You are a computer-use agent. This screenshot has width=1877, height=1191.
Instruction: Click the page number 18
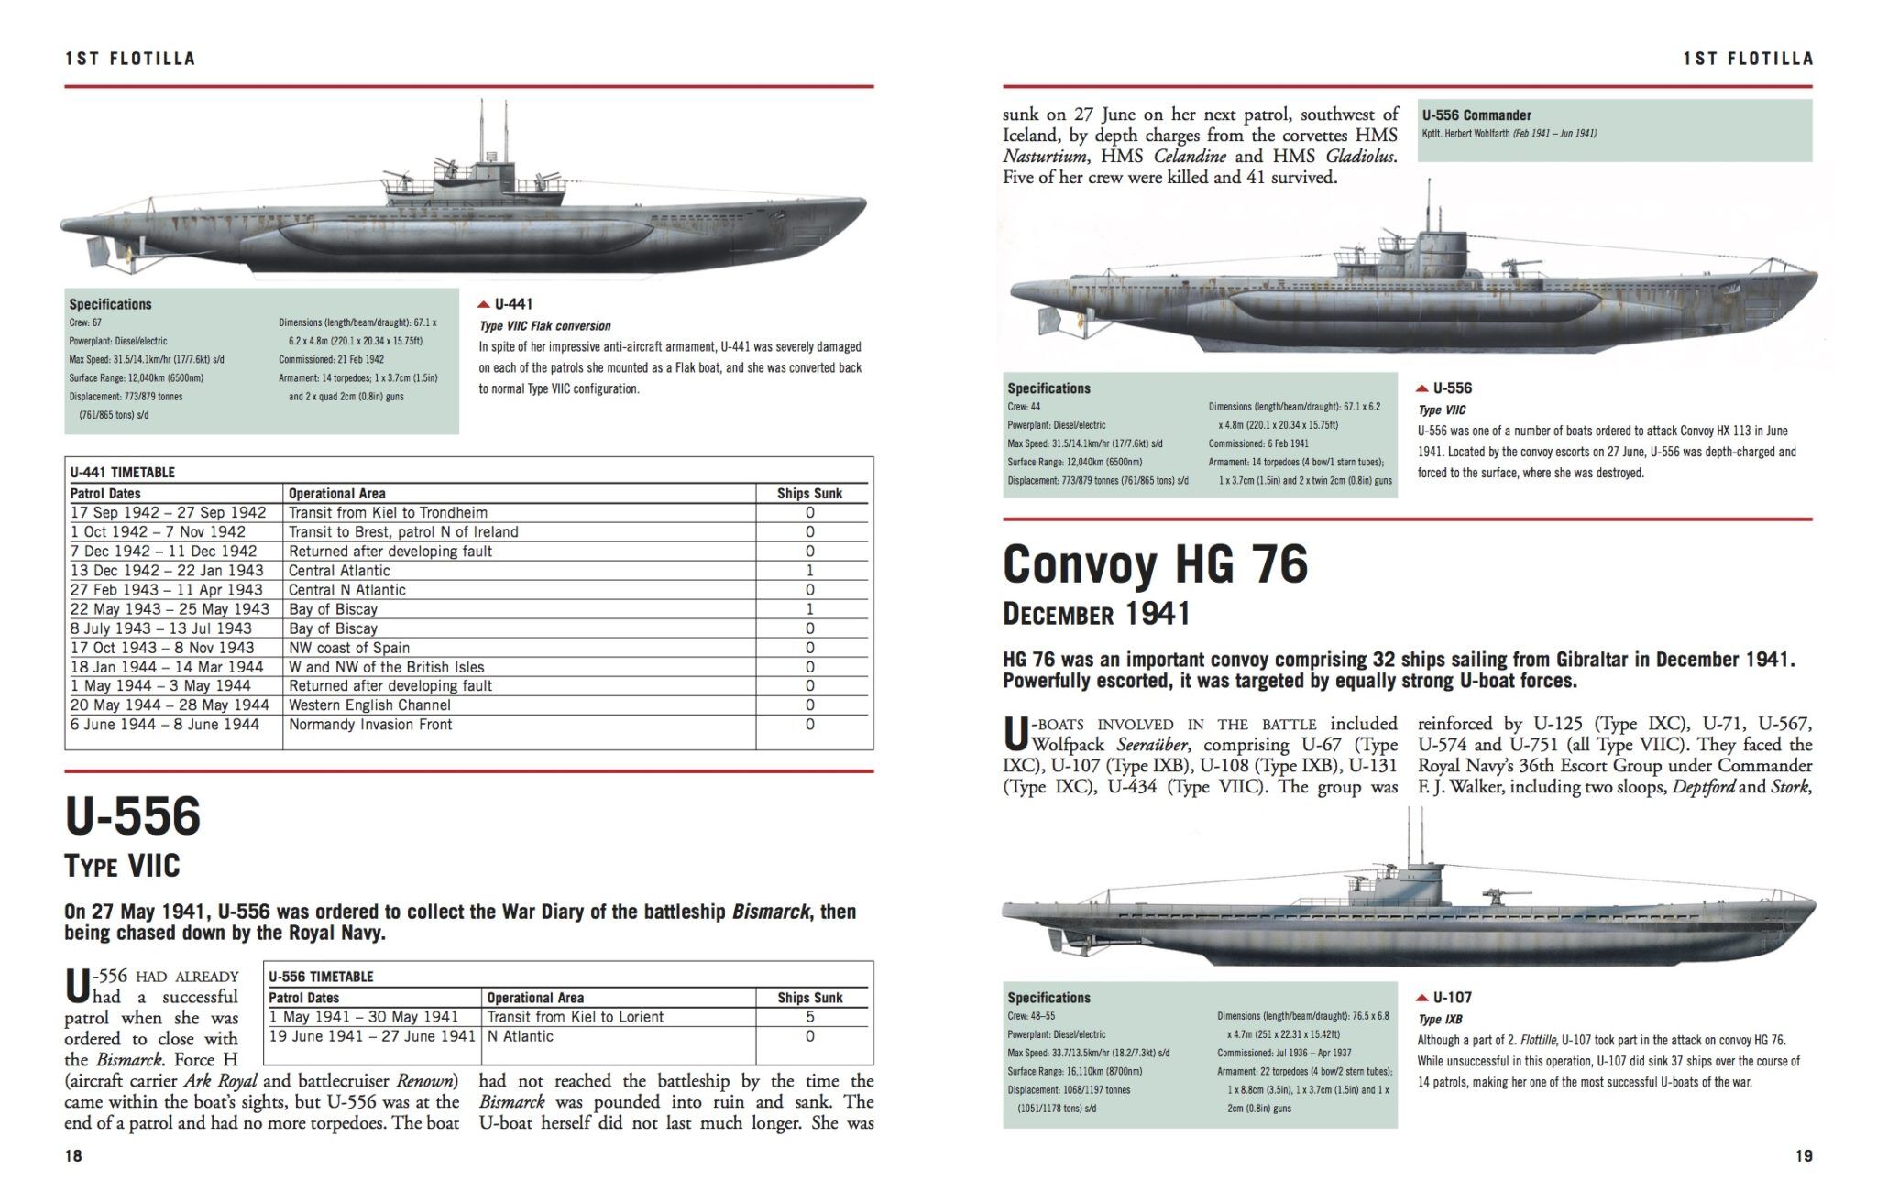pyautogui.click(x=73, y=1156)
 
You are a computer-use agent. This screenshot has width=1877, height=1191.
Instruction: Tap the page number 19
pyautogui.click(x=1803, y=1156)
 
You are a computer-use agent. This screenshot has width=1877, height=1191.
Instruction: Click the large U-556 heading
pyautogui.click(x=133, y=815)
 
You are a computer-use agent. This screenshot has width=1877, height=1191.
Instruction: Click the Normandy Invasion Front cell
pyautogui.click(x=370, y=725)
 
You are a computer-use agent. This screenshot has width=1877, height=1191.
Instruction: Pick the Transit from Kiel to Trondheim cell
pyautogui.click(x=388, y=513)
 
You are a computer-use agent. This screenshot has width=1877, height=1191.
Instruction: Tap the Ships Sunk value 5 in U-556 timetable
pyautogui.click(x=809, y=1017)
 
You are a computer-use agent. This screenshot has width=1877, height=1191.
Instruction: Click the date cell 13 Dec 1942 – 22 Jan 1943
pyautogui.click(x=167, y=571)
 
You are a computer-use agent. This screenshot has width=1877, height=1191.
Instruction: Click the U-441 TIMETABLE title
pyautogui.click(x=122, y=473)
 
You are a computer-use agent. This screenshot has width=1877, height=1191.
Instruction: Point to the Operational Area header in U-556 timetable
pyautogui.click(x=535, y=998)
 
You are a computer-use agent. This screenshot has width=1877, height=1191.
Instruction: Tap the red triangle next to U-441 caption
pyautogui.click(x=484, y=304)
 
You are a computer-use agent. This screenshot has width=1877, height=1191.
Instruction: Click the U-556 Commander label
pyautogui.click(x=1476, y=115)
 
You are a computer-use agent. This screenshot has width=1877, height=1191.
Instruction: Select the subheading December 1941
pyautogui.click(x=1096, y=614)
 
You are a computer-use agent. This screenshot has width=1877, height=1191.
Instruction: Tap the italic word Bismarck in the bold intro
pyautogui.click(x=771, y=912)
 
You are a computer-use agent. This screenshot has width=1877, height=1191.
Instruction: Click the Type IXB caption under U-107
pyautogui.click(x=1440, y=1020)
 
